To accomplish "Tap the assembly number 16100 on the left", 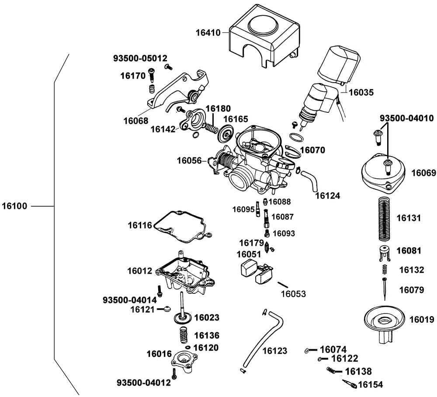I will click(15, 205).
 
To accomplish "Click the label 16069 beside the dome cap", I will click(423, 173).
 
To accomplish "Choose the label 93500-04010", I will click(406, 118).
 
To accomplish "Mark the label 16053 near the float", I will click(292, 294).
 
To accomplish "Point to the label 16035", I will click(361, 92).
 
